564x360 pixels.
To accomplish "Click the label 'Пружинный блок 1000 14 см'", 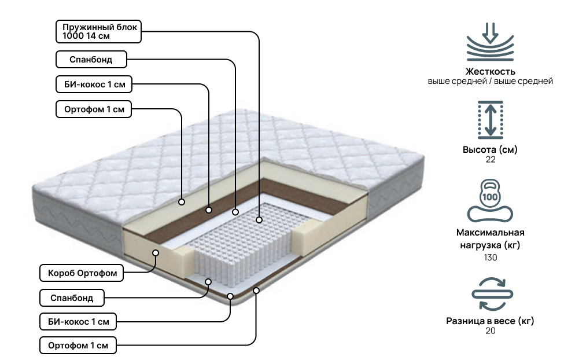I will click(x=98, y=31).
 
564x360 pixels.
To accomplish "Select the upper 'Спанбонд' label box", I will click(x=91, y=59).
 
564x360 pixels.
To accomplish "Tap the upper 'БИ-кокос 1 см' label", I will click(x=93, y=85).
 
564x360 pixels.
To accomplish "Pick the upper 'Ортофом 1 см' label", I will click(x=93, y=109).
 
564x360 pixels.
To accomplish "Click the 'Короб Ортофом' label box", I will click(x=82, y=273).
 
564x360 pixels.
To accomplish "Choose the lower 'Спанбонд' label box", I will click(x=73, y=298).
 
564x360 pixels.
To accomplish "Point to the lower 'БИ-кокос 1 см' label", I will click(x=78, y=321).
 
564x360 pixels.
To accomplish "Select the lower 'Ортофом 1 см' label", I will click(x=78, y=346).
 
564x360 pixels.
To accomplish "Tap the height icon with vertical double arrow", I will click(x=490, y=119).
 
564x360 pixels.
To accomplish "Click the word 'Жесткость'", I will click(x=490, y=71).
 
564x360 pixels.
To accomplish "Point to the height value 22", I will click(x=491, y=160).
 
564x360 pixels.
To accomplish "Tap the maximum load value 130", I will click(x=490, y=256).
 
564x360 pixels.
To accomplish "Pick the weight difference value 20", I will click(x=490, y=331).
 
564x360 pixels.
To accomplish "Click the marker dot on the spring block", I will click(x=259, y=220).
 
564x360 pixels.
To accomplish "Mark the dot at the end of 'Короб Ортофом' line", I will click(x=156, y=252).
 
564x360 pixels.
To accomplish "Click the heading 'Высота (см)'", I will click(x=490, y=150).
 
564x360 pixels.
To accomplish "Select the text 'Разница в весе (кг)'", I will click(x=490, y=321).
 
